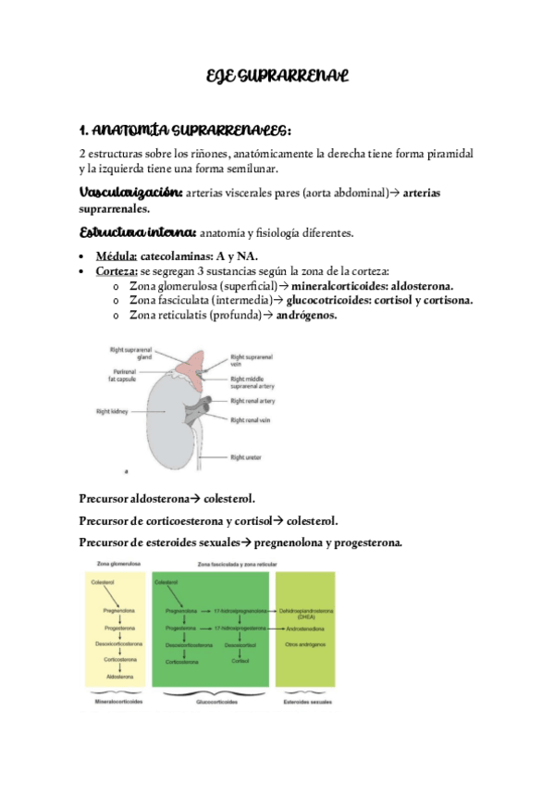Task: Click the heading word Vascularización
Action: point(129,193)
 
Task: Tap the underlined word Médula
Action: point(117,256)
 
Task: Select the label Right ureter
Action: point(249,457)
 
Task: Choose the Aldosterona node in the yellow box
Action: point(119,678)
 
